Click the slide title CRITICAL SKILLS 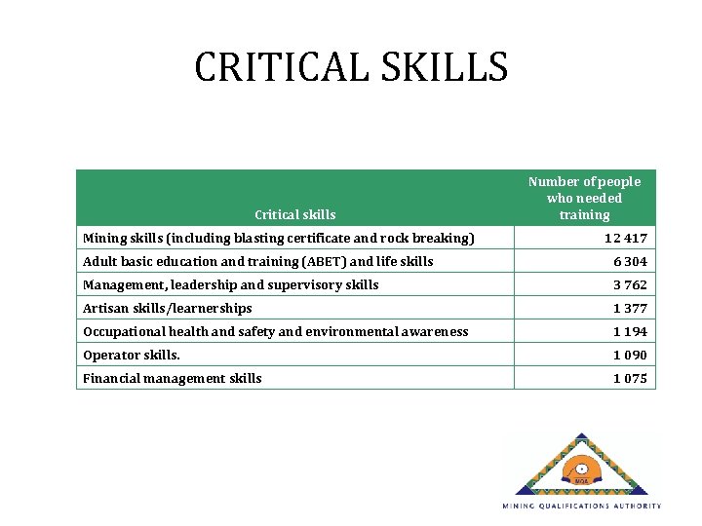coord(351,67)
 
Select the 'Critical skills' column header coord(294,214)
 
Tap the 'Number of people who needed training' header coord(584,198)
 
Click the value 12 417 coord(625,238)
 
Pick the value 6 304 coord(629,261)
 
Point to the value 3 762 coord(629,284)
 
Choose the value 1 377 coord(629,308)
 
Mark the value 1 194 coord(629,331)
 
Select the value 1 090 coord(629,355)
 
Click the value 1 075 coord(629,378)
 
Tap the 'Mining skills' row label coord(279,238)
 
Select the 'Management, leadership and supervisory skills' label coord(231,284)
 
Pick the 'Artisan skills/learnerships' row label coord(168,308)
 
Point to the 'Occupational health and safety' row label coord(276,331)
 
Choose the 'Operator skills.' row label coord(132,355)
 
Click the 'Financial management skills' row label coord(173,378)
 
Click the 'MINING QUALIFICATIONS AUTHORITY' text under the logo coord(582,506)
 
